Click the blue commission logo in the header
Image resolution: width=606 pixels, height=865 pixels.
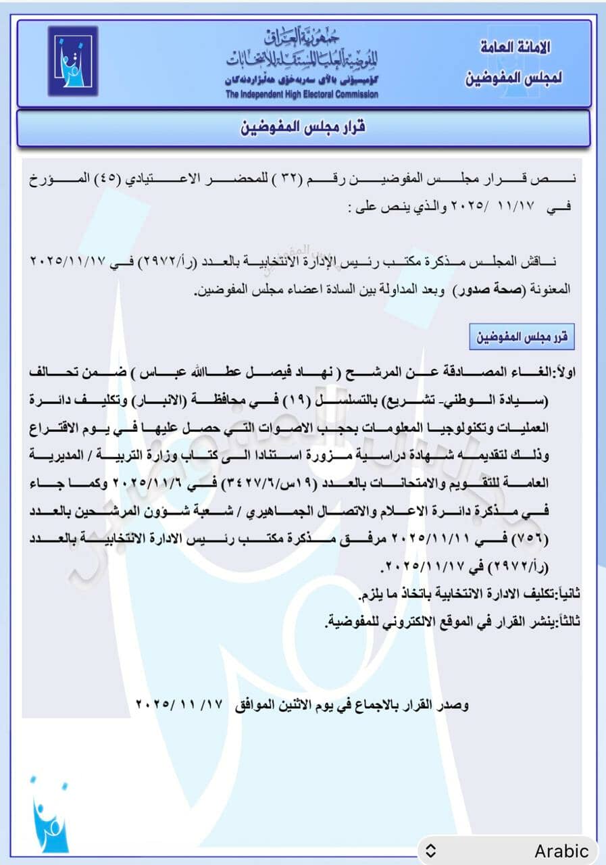tap(73, 61)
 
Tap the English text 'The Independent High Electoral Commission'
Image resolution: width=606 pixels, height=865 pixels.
tap(302, 95)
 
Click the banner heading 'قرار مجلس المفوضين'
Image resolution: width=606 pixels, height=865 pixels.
tap(303, 128)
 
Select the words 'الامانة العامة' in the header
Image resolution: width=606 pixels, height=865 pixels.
tap(515, 48)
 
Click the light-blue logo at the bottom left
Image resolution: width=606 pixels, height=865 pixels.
tap(49, 816)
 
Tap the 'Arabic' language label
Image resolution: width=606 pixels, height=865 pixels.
tap(561, 851)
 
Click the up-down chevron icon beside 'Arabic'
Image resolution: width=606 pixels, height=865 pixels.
tap(431, 851)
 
